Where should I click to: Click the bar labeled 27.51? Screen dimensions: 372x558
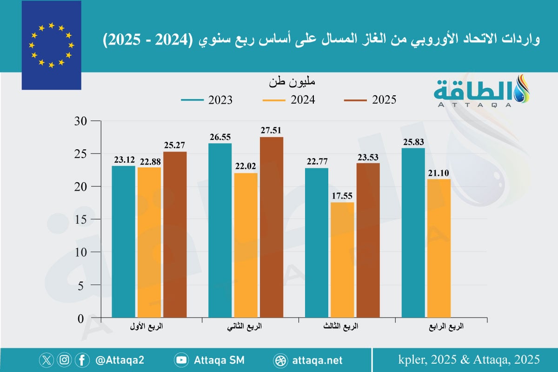pos(272,228)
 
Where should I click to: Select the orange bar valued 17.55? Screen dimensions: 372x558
pos(342,260)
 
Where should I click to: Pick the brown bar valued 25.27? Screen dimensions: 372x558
pos(175,235)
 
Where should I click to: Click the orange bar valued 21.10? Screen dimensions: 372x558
pos(439,249)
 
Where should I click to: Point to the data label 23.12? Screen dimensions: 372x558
pos(123,159)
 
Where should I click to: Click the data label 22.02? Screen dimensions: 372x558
pos(246,166)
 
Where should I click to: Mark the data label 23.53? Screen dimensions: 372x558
pos(368,156)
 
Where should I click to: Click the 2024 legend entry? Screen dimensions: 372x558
pos(288,100)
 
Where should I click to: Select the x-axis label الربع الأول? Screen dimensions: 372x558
pos(148,327)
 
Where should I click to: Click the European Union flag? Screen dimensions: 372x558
pos(51,45)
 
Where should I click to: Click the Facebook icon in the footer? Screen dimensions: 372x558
pos(82,360)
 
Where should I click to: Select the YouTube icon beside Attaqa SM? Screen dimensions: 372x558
pos(181,360)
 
